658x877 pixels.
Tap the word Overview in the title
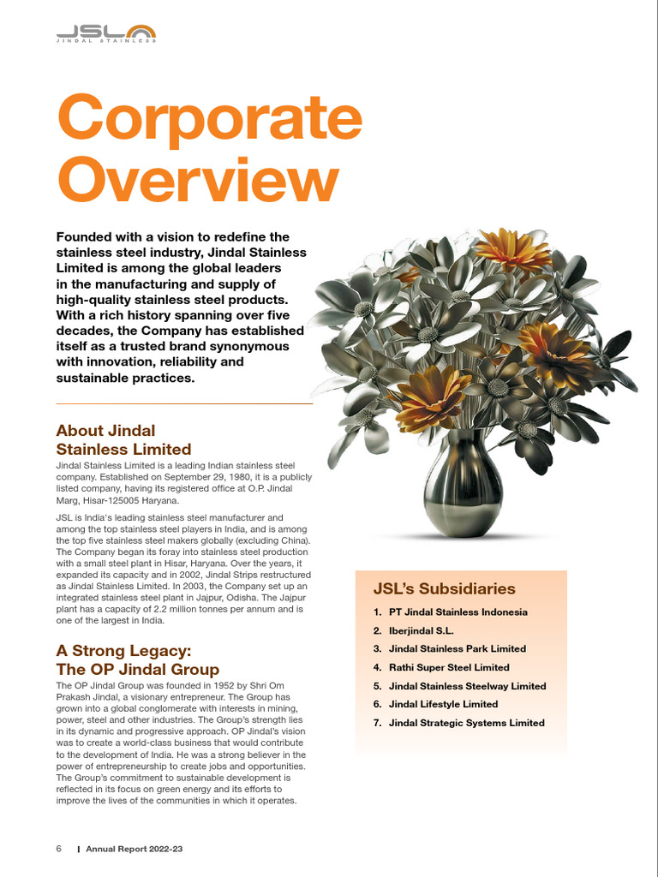[x=197, y=182]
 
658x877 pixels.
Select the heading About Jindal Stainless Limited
[x=123, y=439]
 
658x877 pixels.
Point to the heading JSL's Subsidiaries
[x=444, y=588]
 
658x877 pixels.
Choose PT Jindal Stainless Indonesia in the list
[x=458, y=612]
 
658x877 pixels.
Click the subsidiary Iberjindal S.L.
[x=421, y=630]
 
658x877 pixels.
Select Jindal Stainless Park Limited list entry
[x=457, y=649]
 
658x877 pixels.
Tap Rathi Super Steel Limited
[x=448, y=667]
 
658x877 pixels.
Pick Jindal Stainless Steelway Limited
[x=467, y=686]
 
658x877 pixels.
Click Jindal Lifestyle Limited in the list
[x=443, y=704]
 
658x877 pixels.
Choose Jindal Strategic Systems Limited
[x=466, y=723]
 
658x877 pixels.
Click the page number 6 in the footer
[x=59, y=849]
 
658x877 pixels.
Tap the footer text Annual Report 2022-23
[x=135, y=849]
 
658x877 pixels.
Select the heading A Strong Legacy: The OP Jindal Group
[x=137, y=659]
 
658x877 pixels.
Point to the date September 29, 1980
[x=206, y=477]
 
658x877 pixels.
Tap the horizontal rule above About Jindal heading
[x=183, y=403]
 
